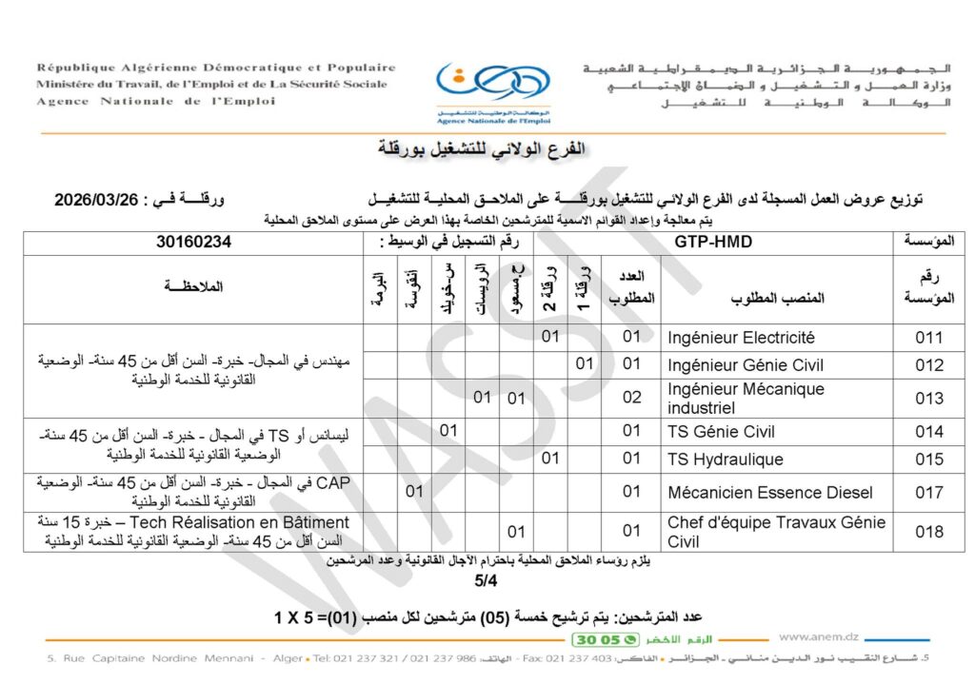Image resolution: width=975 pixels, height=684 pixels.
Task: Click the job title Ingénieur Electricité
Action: pyautogui.click(x=742, y=337)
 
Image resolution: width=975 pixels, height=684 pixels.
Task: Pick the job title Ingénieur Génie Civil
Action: pyautogui.click(x=746, y=364)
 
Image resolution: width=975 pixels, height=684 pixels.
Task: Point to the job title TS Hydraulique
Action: pyautogui.click(x=726, y=459)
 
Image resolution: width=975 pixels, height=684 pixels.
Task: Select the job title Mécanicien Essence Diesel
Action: pyautogui.click(x=769, y=492)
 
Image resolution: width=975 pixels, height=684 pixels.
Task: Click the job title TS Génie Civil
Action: pyautogui.click(x=722, y=432)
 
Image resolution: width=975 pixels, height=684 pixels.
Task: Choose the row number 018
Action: pyautogui.click(x=928, y=532)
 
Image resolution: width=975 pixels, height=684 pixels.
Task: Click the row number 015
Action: pyautogui.click(x=927, y=459)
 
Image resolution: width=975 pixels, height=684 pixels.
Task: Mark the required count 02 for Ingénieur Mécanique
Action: pyautogui.click(x=632, y=398)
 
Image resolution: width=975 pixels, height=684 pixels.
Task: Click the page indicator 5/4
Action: pyautogui.click(x=486, y=579)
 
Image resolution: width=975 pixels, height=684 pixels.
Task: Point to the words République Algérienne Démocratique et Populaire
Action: pyautogui.click(x=216, y=68)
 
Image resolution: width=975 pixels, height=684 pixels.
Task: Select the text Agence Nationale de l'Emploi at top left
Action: pyautogui.click(x=156, y=102)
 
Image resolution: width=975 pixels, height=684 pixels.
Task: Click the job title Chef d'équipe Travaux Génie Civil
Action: pyautogui.click(x=776, y=532)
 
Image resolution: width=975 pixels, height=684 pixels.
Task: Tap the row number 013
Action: pyautogui.click(x=927, y=398)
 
